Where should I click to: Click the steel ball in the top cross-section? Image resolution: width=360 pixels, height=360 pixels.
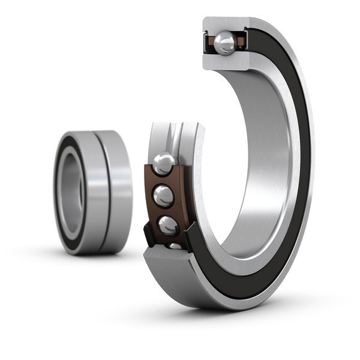(x=226, y=41)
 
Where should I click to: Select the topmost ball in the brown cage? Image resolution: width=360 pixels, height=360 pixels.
(x=163, y=162)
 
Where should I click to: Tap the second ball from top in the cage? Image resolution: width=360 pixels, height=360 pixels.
(x=163, y=194)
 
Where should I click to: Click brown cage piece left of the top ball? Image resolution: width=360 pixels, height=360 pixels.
(x=210, y=42)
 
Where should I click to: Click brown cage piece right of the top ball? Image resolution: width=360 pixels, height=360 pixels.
(x=239, y=41)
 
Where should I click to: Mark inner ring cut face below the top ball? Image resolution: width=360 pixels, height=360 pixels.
(x=224, y=60)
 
